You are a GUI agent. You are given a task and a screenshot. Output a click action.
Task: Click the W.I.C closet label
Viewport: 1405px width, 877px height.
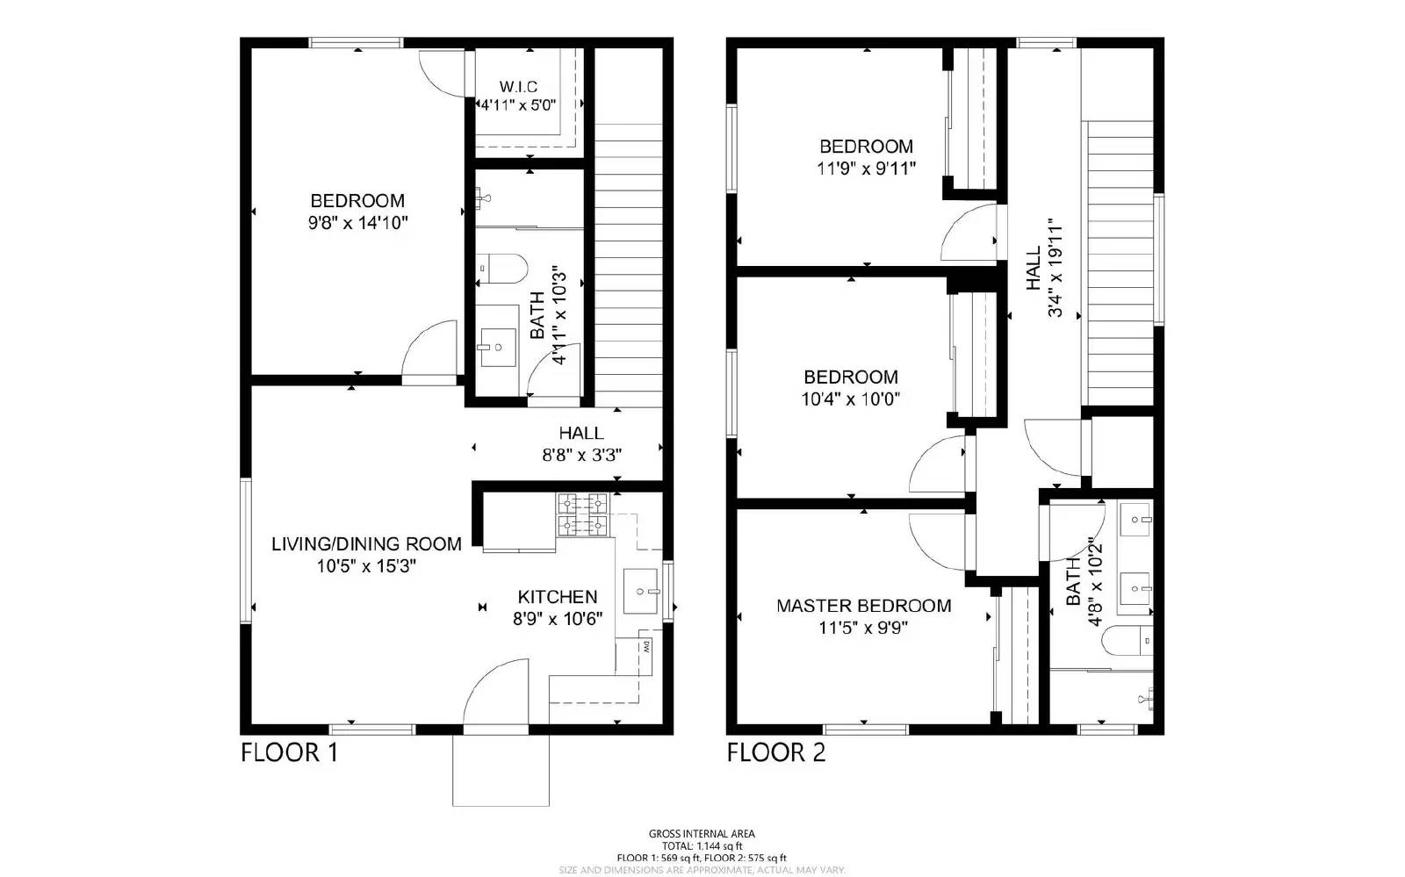coord(518,87)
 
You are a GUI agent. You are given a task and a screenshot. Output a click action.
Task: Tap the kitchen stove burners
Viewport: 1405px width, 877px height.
coord(582,514)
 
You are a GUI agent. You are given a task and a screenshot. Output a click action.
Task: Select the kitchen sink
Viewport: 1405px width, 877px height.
coord(640,591)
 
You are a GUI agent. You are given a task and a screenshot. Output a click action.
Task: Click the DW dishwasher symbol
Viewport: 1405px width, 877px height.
coord(645,649)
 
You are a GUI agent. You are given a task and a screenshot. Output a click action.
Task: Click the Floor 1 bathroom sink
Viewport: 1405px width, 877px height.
coord(498,347)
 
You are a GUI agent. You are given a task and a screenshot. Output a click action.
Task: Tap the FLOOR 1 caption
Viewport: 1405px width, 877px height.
coord(289,753)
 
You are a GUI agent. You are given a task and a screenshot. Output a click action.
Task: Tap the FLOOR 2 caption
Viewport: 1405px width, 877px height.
coord(776,753)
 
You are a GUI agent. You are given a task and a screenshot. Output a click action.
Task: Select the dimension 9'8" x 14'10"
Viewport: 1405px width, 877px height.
coord(357,223)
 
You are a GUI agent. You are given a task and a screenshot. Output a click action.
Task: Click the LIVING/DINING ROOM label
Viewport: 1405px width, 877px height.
coord(366,543)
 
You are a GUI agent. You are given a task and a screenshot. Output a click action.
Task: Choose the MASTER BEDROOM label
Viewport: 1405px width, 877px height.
coord(863,606)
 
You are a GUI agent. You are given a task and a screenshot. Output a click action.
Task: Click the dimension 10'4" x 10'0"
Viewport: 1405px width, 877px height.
coord(851,399)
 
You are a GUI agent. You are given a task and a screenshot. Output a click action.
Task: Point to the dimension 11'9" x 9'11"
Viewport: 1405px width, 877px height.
coord(866,169)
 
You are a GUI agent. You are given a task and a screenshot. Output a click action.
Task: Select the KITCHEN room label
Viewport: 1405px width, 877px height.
coord(557,597)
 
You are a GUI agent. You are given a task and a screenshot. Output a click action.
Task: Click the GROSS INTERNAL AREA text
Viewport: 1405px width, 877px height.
coord(701,834)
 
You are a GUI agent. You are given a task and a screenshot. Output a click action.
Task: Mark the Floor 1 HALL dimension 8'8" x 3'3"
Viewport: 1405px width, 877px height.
coord(581,456)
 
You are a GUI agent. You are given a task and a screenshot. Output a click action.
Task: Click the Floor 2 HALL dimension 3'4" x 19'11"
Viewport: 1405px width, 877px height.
coord(1056,269)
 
